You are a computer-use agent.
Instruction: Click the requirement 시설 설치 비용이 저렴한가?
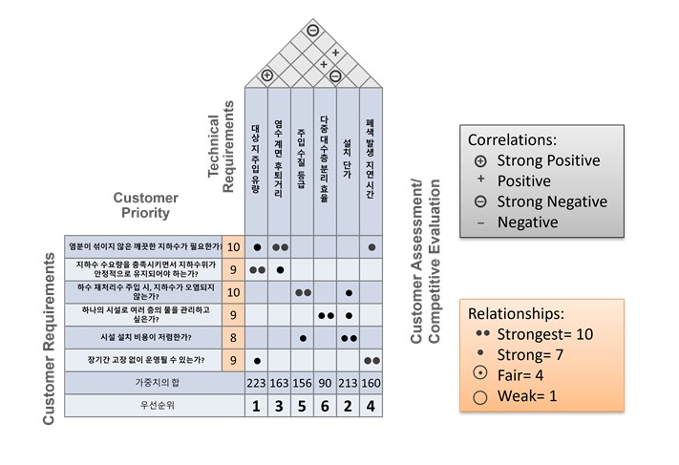(x=143, y=338)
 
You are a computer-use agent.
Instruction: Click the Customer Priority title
(x=146, y=205)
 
